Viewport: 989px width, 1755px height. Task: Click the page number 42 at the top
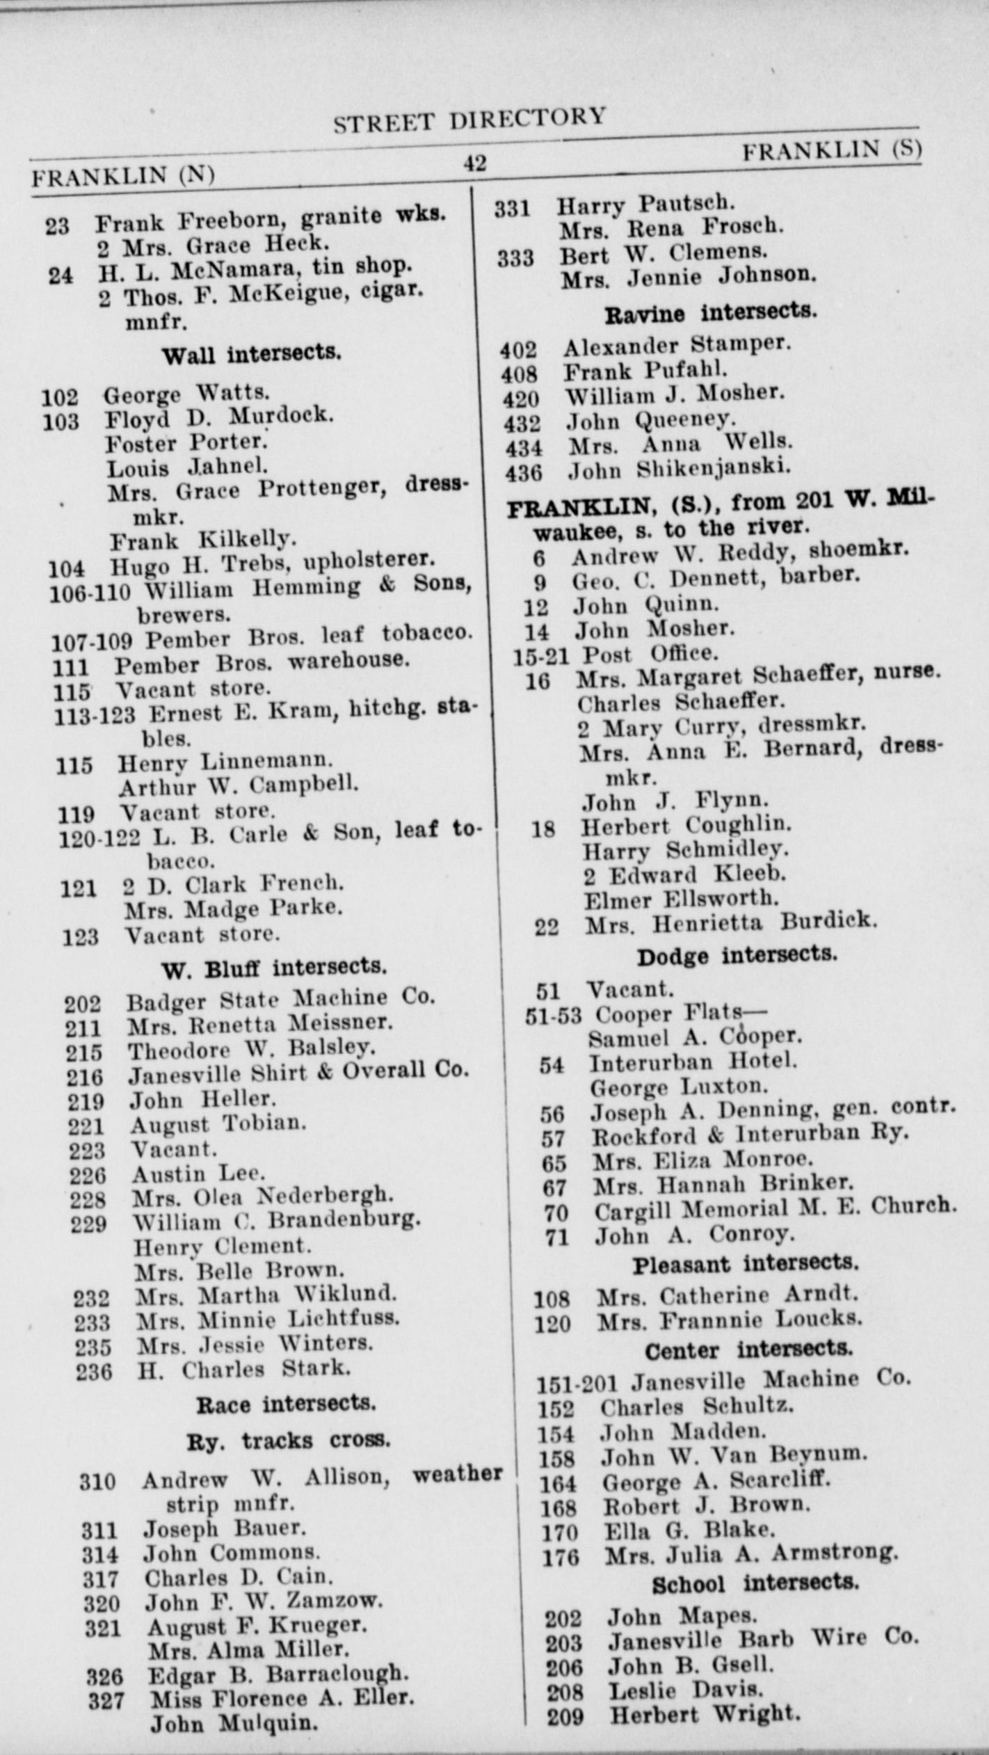pos(475,163)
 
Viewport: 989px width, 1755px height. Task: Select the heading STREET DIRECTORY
pos(469,119)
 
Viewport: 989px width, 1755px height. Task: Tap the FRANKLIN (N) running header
pos(122,175)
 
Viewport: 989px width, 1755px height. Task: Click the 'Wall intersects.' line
pos(251,354)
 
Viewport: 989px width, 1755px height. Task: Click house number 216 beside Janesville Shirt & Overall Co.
pos(84,1077)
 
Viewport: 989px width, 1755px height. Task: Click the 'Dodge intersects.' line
pos(737,956)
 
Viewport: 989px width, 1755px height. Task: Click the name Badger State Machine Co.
pos(280,1000)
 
